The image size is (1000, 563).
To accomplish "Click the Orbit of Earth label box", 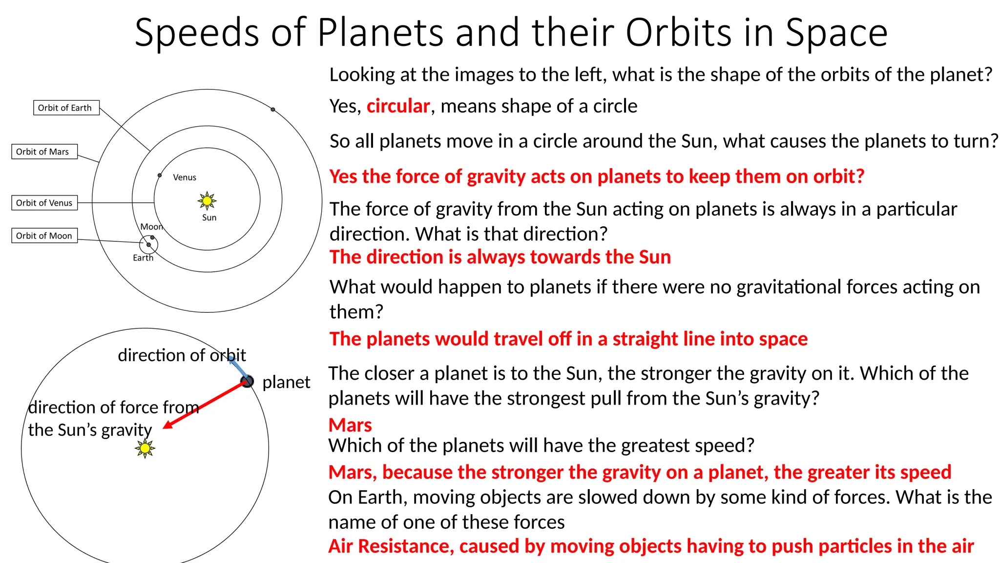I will click(66, 108).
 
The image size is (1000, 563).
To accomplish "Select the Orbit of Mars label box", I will click(44, 152).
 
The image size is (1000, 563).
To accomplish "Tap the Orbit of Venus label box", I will click(44, 203).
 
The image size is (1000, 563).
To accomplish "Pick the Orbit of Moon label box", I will click(44, 236).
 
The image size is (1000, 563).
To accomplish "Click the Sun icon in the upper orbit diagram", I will click(207, 200).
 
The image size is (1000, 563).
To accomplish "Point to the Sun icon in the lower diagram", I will click(145, 448).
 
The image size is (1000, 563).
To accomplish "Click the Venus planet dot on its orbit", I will click(160, 175).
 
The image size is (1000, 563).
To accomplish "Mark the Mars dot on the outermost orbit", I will click(273, 109).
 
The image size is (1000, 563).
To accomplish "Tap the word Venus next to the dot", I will click(185, 177).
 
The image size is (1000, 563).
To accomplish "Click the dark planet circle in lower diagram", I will click(248, 381).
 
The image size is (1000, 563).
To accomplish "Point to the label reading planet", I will click(286, 382).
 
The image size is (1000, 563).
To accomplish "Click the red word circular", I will click(398, 106).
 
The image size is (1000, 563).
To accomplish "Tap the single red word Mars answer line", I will click(350, 425).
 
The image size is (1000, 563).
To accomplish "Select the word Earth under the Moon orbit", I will click(143, 258).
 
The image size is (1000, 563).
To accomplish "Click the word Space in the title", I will click(836, 33).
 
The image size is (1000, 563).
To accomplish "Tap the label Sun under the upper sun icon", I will click(209, 217).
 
